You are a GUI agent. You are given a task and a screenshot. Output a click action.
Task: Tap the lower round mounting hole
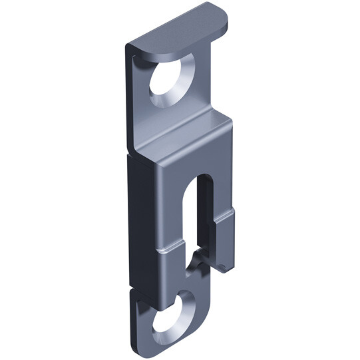(x=168, y=317)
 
